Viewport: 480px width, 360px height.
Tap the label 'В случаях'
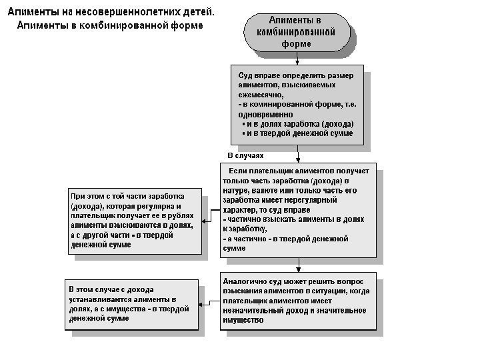point(246,155)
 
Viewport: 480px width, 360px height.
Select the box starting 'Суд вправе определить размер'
point(297,104)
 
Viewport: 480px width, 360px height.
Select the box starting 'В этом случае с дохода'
point(131,304)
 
